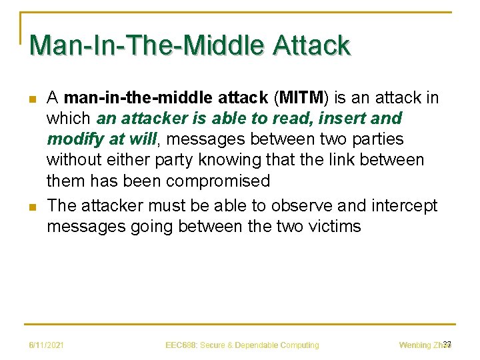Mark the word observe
click(x=286, y=205)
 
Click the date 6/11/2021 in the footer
click(x=46, y=345)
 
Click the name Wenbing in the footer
click(x=415, y=345)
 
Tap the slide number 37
click(x=447, y=344)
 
